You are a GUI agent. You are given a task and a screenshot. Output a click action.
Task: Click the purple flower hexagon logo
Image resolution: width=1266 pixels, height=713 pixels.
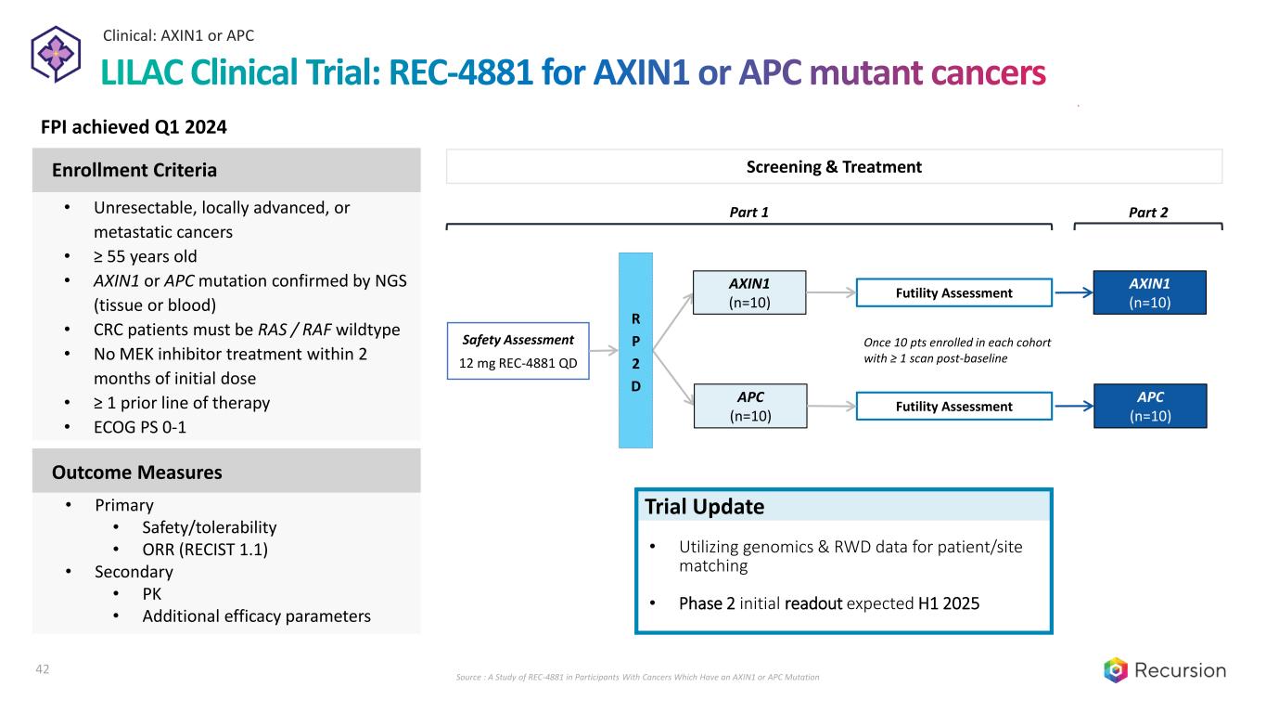pyautogui.click(x=56, y=55)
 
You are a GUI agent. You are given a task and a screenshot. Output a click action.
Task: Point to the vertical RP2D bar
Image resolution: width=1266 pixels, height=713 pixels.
pyautogui.click(x=635, y=350)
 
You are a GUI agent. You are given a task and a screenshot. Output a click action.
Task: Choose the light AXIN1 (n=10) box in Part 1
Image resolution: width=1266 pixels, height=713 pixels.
pyautogui.click(x=750, y=292)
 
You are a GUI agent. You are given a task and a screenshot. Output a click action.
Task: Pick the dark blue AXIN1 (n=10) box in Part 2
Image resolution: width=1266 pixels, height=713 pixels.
pyautogui.click(x=1150, y=292)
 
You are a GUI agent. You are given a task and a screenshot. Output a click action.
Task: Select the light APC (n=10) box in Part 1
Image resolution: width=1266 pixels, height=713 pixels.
pyautogui.click(x=750, y=406)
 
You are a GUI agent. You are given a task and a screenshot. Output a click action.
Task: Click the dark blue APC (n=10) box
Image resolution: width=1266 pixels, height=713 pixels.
pyautogui.click(x=1150, y=406)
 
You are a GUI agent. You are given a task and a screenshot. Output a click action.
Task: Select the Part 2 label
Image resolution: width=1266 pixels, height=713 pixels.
pyautogui.click(x=1148, y=213)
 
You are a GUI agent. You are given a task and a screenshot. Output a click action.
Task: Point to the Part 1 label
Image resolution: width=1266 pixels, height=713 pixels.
pyautogui.click(x=749, y=213)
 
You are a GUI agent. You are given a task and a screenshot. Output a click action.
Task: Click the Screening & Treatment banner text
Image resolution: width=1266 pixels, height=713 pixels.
pyautogui.click(x=834, y=167)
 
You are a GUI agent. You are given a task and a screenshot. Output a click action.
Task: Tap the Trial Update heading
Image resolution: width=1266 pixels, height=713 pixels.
pyautogui.click(x=704, y=507)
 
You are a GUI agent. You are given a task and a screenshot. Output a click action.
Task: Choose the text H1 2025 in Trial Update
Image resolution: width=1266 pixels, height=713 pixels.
pyautogui.click(x=949, y=603)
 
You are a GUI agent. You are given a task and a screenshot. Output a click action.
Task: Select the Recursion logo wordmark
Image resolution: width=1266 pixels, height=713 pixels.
pyautogui.click(x=1181, y=670)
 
